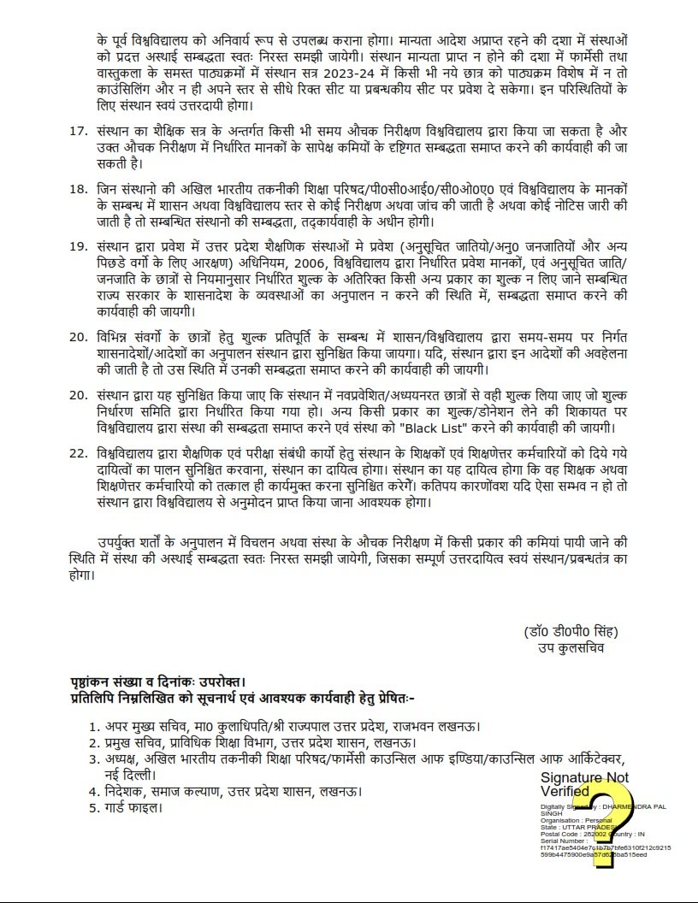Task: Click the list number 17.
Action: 78,133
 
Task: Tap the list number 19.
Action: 78,246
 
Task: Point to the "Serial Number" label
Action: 562,841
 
